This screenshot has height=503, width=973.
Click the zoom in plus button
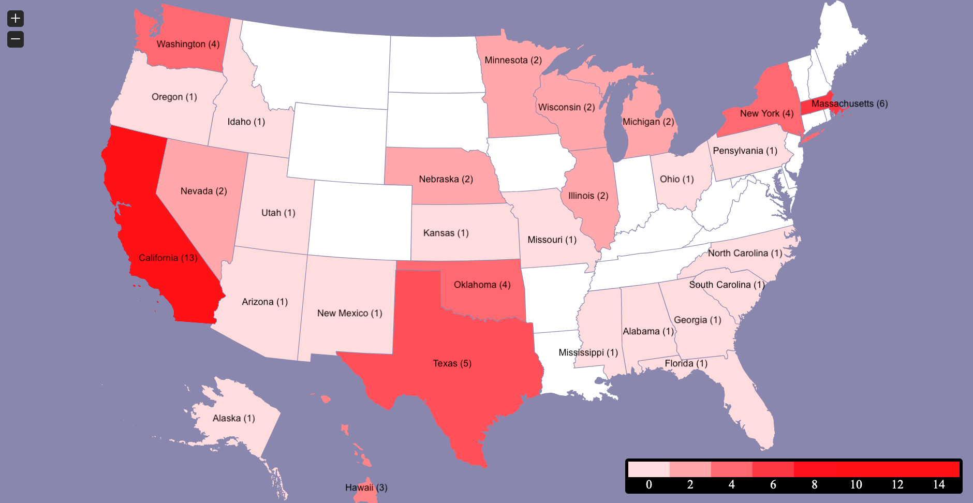click(x=16, y=19)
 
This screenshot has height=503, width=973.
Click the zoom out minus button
click(x=16, y=39)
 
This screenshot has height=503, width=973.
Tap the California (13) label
click(x=168, y=258)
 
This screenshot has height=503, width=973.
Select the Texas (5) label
click(x=452, y=363)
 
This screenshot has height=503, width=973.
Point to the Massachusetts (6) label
click(x=849, y=103)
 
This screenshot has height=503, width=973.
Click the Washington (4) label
click(x=188, y=44)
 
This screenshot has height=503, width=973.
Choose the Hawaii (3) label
click(x=366, y=487)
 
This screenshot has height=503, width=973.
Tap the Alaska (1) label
click(x=233, y=418)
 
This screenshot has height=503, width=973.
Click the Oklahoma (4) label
click(x=482, y=285)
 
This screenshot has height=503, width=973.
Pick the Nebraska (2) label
click(x=446, y=179)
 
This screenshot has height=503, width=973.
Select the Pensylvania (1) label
click(x=745, y=151)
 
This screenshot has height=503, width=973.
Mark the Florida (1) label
click(x=686, y=363)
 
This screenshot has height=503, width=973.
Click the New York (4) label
click(x=766, y=113)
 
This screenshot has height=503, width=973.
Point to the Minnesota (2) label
click(x=513, y=60)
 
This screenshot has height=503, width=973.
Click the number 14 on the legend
click(x=938, y=484)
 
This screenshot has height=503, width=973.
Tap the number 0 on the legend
click(x=648, y=484)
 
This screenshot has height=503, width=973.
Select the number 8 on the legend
click(x=814, y=484)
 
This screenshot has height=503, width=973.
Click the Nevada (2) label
click(x=203, y=191)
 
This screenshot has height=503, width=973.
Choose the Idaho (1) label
click(x=246, y=122)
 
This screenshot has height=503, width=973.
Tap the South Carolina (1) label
click(x=727, y=285)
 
